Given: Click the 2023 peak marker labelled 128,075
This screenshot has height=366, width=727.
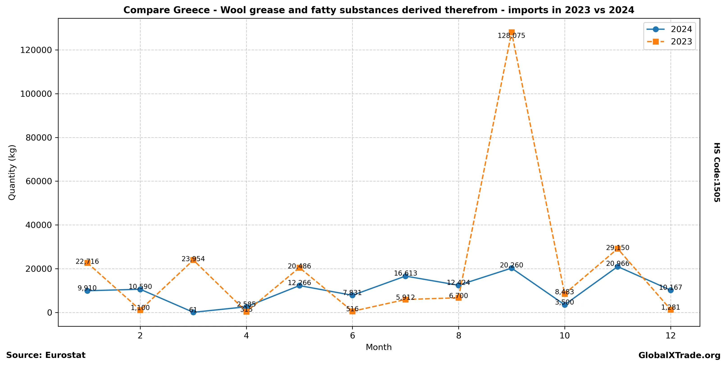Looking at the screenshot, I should [x=511, y=32].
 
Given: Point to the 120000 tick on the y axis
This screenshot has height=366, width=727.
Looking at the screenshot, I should [x=36, y=50].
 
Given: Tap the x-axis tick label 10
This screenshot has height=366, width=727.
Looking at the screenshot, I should [x=564, y=336].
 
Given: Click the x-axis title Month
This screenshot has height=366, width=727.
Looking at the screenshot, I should [x=378, y=347].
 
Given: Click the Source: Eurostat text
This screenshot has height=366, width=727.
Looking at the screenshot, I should [x=46, y=355].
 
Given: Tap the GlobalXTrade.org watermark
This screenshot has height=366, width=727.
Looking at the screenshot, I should [x=679, y=356].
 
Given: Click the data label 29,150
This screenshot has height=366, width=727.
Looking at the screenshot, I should [x=618, y=248].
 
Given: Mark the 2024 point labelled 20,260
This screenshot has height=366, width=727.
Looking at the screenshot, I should [x=511, y=268].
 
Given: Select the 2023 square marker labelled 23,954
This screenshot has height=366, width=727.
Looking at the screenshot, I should [x=193, y=260].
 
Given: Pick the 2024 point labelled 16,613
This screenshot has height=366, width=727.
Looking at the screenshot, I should [x=405, y=276].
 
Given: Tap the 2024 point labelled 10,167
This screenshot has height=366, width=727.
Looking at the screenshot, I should [x=670, y=290].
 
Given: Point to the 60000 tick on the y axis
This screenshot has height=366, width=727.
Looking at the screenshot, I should [x=39, y=181].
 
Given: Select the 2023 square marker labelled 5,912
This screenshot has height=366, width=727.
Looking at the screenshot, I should [x=405, y=299].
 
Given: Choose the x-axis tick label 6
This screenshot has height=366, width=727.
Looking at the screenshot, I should [x=352, y=336].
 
